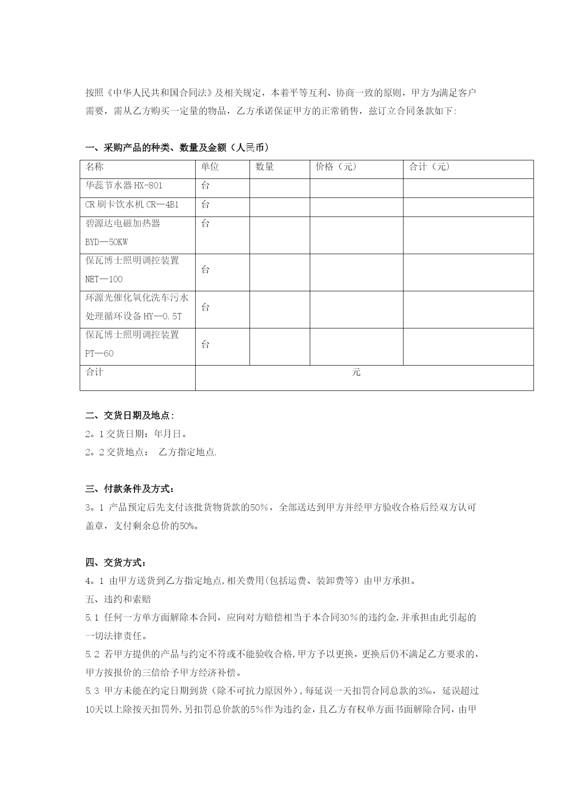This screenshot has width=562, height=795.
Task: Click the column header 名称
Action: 95,167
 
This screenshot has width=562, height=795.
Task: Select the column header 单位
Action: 210,167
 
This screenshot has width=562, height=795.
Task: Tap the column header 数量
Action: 264,167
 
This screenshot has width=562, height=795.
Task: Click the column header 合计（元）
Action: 429,167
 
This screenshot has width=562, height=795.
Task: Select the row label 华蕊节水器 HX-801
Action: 124,185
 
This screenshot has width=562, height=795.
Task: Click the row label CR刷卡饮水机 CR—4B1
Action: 132,204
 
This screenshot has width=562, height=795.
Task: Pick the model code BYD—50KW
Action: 106,242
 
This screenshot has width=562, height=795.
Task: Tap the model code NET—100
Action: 104,279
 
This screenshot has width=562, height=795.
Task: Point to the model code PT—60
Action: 99,353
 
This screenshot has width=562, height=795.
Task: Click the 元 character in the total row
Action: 356,372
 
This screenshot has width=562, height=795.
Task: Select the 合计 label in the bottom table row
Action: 95,372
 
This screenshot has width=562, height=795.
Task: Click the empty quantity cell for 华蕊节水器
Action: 279,188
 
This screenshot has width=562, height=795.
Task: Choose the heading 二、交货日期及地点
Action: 129,415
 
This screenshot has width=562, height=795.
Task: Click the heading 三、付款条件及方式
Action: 129,489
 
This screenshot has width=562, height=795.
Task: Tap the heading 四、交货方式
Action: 115,563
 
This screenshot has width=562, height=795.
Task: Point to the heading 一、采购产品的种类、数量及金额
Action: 177,148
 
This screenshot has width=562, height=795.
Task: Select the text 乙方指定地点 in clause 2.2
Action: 187,452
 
